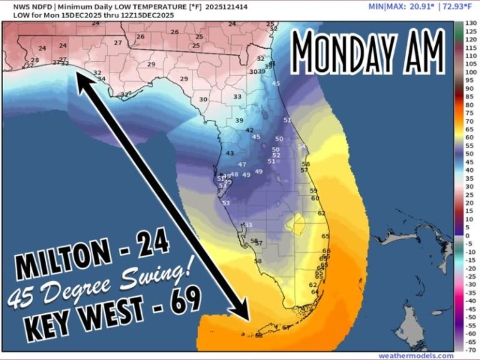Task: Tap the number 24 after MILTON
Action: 150,246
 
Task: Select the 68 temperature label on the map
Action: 258,335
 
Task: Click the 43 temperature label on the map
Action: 229,153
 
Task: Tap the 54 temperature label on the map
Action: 301,147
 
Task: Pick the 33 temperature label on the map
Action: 237,97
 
